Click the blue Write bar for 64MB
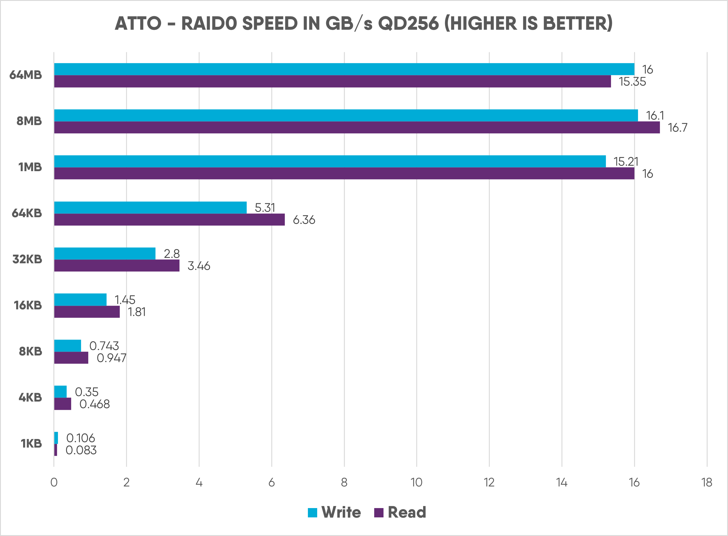click(x=344, y=69)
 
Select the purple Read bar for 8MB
click(x=357, y=128)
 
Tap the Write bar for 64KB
click(x=150, y=207)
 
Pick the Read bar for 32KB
click(x=117, y=265)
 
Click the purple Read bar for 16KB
click(x=87, y=312)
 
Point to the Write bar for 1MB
click(x=330, y=161)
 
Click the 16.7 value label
click(x=677, y=128)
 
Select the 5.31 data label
click(x=265, y=208)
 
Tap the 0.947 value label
click(x=111, y=358)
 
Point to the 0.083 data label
click(x=81, y=450)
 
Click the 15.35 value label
click(x=632, y=81)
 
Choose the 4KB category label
click(x=30, y=398)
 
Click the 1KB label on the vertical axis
click(x=31, y=444)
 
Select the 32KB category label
click(x=27, y=259)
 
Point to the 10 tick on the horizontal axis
click(x=417, y=483)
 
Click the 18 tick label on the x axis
click(x=707, y=483)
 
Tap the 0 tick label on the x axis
click(x=54, y=483)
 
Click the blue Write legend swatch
click(x=312, y=512)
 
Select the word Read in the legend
click(x=407, y=512)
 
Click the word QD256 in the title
click(x=408, y=23)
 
